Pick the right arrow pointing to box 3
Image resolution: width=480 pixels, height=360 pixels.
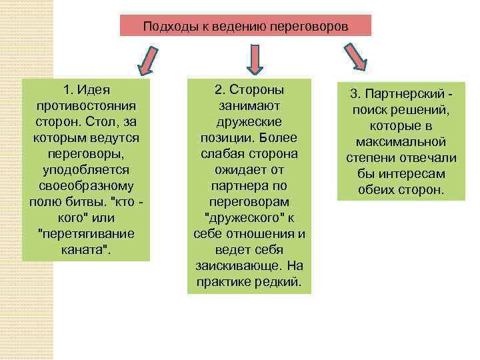pos(354,59)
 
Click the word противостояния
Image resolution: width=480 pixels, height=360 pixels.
pos(86,106)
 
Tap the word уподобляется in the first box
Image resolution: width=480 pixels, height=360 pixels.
pos(86,170)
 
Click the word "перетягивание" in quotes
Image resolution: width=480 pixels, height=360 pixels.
pos(86,234)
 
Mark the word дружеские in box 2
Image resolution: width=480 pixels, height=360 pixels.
pos(249,122)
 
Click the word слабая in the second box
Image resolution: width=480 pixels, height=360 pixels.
pos(225,154)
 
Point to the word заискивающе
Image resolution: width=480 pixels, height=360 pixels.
pos(237,266)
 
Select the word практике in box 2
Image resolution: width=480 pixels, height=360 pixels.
pos(225,282)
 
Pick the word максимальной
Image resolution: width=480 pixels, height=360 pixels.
pos(401,142)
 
